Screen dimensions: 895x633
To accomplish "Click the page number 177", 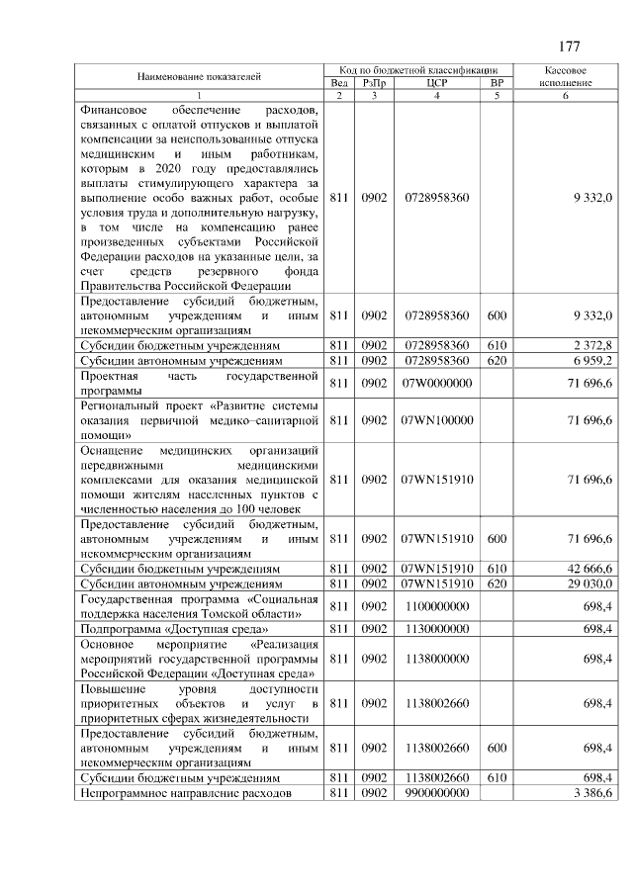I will pyautogui.click(x=569, y=46).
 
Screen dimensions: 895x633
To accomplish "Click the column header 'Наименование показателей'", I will pyautogui.click(x=200, y=76).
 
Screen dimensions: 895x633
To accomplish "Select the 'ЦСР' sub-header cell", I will pyautogui.click(x=437, y=83).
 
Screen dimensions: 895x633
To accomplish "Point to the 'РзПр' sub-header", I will pyautogui.click(x=374, y=83).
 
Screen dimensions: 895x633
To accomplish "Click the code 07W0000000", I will pyautogui.click(x=437, y=383).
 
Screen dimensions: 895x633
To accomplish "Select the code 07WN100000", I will pyautogui.click(x=437, y=419).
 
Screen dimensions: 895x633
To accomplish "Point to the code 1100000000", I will pyautogui.click(x=437, y=606).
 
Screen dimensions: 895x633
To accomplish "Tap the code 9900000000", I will pyautogui.click(x=437, y=794).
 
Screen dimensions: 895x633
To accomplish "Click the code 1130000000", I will pyautogui.click(x=437, y=628).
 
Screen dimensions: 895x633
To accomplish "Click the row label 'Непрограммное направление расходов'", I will pyautogui.click(x=186, y=794).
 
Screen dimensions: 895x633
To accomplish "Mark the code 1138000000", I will pyautogui.click(x=437, y=659).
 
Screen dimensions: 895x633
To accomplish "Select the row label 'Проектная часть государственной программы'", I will pyautogui.click(x=200, y=383).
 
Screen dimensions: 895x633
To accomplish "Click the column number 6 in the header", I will pyautogui.click(x=567, y=96).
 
